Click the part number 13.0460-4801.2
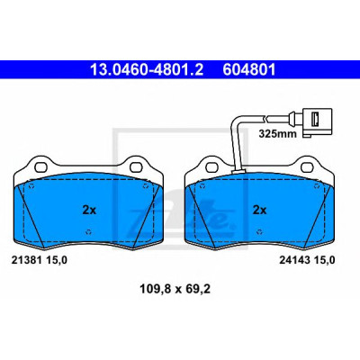[147, 69]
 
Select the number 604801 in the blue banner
[248, 69]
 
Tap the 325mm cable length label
[277, 133]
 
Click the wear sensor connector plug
[316, 123]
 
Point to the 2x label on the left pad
[89, 211]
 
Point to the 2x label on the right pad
[259, 211]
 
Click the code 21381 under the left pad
[26, 260]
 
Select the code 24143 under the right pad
[294, 260]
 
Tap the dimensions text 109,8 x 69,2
[175, 289]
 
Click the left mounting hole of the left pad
[40, 166]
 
